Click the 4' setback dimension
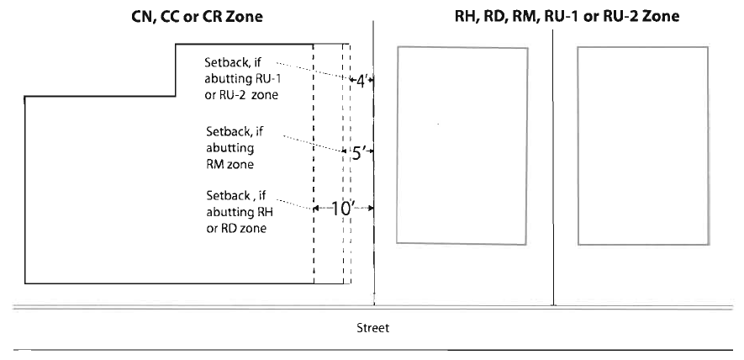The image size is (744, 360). coord(361,81)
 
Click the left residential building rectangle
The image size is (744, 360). coord(462,145)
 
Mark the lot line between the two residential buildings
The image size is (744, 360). coord(554,168)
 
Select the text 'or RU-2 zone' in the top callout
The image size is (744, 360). coord(242,95)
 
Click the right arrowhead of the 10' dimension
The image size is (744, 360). coord(370,208)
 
